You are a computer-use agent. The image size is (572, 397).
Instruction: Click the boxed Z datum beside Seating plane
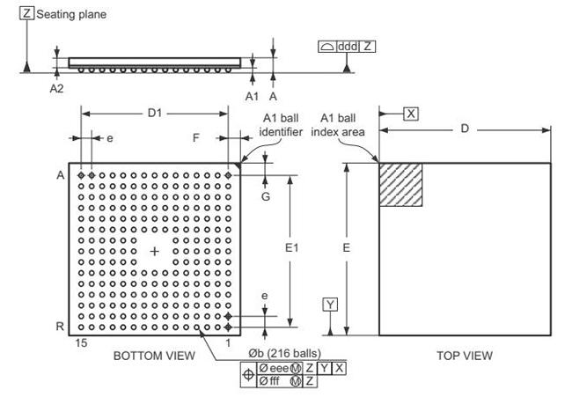pyautogui.click(x=26, y=13)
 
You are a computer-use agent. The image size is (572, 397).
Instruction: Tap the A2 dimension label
pyautogui.click(x=56, y=89)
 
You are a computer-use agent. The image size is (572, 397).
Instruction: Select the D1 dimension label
pyautogui.click(x=155, y=114)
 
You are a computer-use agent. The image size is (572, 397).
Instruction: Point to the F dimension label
pyautogui.click(x=196, y=138)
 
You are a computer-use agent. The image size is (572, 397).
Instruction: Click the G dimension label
pyautogui.click(x=266, y=196)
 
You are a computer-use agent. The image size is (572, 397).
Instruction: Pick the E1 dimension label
pyautogui.click(x=291, y=248)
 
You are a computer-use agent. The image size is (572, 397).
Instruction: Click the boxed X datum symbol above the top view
pyautogui.click(x=411, y=114)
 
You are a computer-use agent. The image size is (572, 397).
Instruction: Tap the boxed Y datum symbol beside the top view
pyautogui.click(x=330, y=305)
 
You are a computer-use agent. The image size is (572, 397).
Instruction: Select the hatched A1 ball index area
pyautogui.click(x=401, y=185)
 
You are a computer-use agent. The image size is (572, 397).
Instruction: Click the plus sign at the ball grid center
pyautogui.click(x=155, y=252)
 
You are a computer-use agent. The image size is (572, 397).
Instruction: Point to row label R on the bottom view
pyautogui.click(x=60, y=327)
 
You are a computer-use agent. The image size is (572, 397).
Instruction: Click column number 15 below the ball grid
pyautogui.click(x=81, y=343)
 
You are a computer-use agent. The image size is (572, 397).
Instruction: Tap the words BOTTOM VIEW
pyautogui.click(x=154, y=356)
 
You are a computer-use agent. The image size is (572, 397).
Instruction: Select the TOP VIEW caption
pyautogui.click(x=465, y=356)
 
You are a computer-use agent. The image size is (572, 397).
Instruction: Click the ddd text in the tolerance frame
pyautogui.click(x=348, y=47)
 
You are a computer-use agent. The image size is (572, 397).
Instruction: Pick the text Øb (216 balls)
pyautogui.click(x=285, y=353)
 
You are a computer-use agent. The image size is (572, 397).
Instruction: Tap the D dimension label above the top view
pyautogui.click(x=465, y=129)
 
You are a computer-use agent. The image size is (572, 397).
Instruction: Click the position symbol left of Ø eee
pyautogui.click(x=249, y=375)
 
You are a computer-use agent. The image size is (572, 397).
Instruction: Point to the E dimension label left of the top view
pyautogui.click(x=346, y=248)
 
